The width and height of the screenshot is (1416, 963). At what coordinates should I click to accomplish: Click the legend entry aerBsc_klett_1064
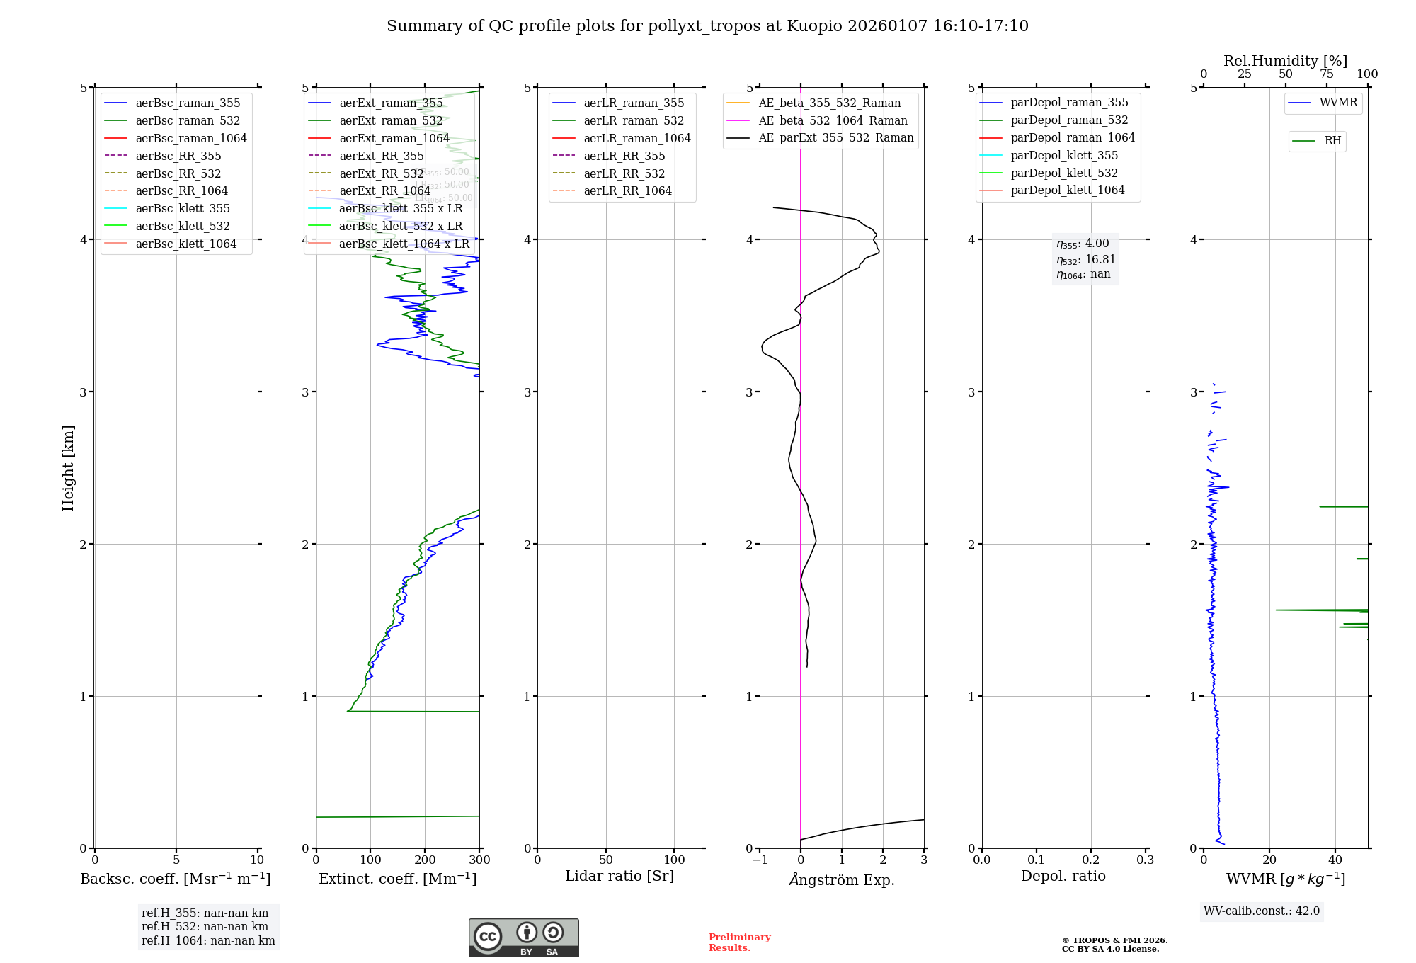[x=185, y=244]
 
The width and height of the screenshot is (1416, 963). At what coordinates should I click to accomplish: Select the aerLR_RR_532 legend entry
[x=624, y=173]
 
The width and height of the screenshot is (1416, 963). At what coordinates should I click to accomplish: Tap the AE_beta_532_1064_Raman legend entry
[x=833, y=120]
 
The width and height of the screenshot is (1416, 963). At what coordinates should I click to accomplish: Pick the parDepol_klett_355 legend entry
[x=1063, y=155]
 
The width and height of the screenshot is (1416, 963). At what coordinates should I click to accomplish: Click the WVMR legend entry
[x=1337, y=103]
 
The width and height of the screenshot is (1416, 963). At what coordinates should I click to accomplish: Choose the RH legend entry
[x=1332, y=141]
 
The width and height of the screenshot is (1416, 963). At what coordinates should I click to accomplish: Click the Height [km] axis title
[x=68, y=468]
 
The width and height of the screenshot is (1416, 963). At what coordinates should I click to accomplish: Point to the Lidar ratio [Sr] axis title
[x=619, y=876]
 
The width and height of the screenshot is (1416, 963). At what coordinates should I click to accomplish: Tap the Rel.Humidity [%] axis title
[x=1285, y=61]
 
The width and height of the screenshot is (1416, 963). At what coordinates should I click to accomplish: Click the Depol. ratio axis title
[x=1063, y=876]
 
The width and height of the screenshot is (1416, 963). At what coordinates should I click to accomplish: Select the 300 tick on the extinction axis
[x=479, y=860]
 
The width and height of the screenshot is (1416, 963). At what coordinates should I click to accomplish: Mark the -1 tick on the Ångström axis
[x=760, y=860]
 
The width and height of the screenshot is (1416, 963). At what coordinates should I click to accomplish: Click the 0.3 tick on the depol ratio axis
[x=1145, y=860]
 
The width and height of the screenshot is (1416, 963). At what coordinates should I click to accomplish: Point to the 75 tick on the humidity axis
[x=1326, y=74]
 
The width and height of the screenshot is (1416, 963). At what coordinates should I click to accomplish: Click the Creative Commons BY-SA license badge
[x=523, y=938]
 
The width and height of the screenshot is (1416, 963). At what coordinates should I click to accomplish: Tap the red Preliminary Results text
[x=739, y=942]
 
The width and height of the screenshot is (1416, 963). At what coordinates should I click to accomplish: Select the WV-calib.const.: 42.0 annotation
[x=1261, y=911]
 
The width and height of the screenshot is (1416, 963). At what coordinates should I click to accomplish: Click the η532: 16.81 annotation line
[x=1085, y=260]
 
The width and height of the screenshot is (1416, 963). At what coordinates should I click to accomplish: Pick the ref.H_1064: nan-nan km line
[x=208, y=940]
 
